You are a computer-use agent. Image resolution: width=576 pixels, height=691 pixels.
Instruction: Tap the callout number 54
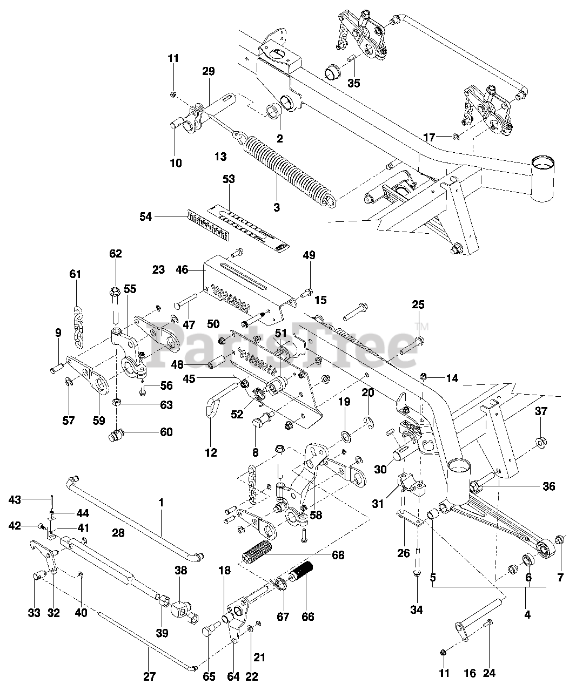pos(146,216)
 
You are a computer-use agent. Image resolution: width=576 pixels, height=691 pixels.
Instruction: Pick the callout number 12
pos(211,452)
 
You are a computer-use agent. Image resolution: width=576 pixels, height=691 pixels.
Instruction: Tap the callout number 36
pos(548,486)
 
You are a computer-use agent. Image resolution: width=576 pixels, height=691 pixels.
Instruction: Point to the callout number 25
pos(418,304)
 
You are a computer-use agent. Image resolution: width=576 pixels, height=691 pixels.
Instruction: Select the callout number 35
pos(354,83)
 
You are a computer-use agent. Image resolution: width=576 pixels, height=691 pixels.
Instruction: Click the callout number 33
pos(35,613)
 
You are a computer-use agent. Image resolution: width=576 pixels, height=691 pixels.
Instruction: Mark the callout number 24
pos(489,673)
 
